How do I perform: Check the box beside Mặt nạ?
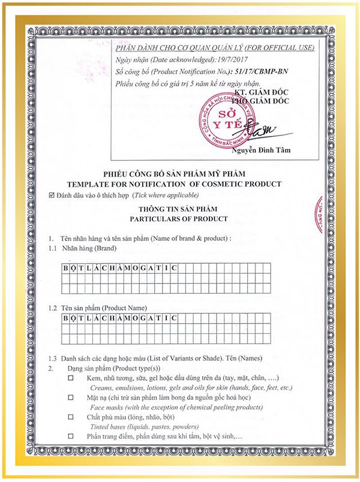[x=71, y=397]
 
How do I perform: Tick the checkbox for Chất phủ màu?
[x=71, y=416]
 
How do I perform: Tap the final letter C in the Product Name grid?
[x=173, y=318]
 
